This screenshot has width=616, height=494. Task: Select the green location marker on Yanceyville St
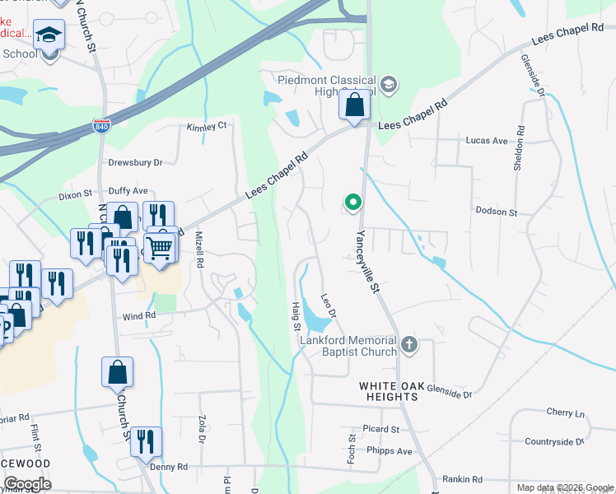(353, 202)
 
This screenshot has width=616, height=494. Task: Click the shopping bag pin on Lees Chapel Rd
(354, 105)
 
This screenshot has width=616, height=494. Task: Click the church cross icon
(409, 343)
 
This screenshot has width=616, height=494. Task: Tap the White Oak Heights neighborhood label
(389, 391)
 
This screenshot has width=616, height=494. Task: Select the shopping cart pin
(161, 246)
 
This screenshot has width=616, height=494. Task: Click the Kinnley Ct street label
(206, 127)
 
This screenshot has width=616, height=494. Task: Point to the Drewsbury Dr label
(135, 163)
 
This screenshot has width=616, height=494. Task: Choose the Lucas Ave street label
(486, 141)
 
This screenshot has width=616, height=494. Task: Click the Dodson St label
(496, 212)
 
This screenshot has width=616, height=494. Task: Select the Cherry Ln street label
(565, 412)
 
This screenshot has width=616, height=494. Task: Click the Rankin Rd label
(461, 479)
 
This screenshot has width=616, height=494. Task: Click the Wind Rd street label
(138, 315)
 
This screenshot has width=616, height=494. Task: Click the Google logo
(26, 484)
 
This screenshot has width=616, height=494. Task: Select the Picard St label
(380, 429)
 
